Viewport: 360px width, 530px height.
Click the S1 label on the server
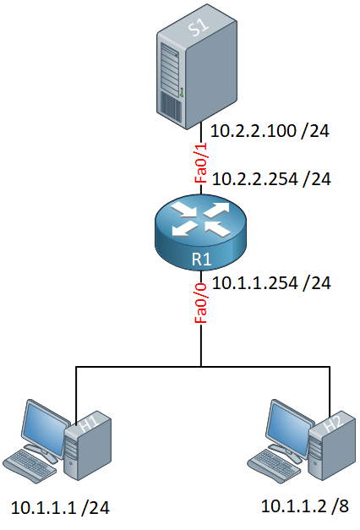click(199, 26)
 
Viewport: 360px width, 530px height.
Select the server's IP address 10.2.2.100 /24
click(270, 131)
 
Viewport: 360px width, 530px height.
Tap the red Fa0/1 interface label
click(201, 163)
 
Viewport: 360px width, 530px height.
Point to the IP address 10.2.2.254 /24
click(271, 179)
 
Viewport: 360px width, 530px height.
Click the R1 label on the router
click(201, 260)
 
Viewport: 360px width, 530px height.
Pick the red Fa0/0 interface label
click(201, 303)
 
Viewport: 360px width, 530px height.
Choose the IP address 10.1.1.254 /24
click(271, 283)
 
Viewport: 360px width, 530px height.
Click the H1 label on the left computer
click(90, 423)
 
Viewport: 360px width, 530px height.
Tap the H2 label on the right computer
click(333, 423)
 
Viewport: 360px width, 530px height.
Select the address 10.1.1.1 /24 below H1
click(61, 508)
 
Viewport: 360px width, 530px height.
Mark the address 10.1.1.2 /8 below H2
click(304, 506)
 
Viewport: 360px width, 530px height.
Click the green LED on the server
click(182, 96)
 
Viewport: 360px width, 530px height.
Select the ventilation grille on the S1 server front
click(170, 107)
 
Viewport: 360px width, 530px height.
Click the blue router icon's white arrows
click(201, 219)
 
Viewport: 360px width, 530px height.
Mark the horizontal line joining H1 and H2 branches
click(203, 366)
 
